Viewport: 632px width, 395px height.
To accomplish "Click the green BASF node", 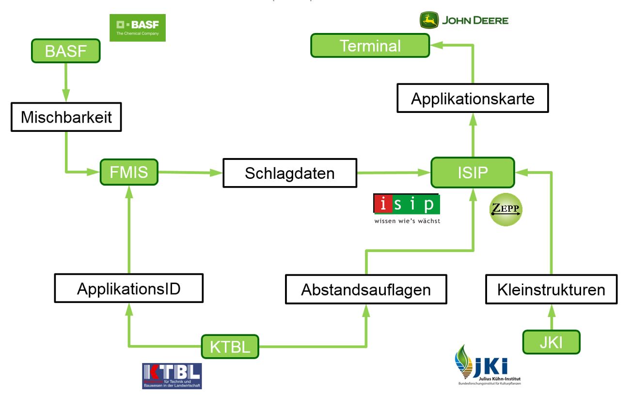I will (x=65, y=51).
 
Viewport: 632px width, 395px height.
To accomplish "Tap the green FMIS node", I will (x=129, y=172).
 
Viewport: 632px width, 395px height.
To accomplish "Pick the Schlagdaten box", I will (x=289, y=173).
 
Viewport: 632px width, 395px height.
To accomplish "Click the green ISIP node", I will (x=472, y=172).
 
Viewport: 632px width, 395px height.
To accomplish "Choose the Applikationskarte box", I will (x=472, y=98).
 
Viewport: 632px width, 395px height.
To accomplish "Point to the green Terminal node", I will (x=370, y=46).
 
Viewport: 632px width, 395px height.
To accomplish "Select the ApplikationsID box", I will (x=128, y=289).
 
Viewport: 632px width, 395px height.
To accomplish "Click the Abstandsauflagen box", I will (x=365, y=289).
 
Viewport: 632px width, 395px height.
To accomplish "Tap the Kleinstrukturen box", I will (x=551, y=289).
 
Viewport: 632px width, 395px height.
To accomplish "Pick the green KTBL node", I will (x=230, y=347).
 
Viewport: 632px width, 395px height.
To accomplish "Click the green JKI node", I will (x=552, y=342).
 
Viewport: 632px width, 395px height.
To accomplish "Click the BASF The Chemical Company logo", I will (x=138, y=28).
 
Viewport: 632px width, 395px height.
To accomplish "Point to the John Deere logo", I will (x=464, y=21).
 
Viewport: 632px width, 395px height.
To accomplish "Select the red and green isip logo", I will (x=407, y=209).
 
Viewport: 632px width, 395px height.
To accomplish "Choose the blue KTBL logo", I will (x=172, y=376).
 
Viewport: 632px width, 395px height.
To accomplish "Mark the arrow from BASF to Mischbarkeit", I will (x=65, y=82).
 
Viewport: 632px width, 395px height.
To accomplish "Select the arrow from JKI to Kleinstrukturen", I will (x=551, y=317).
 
